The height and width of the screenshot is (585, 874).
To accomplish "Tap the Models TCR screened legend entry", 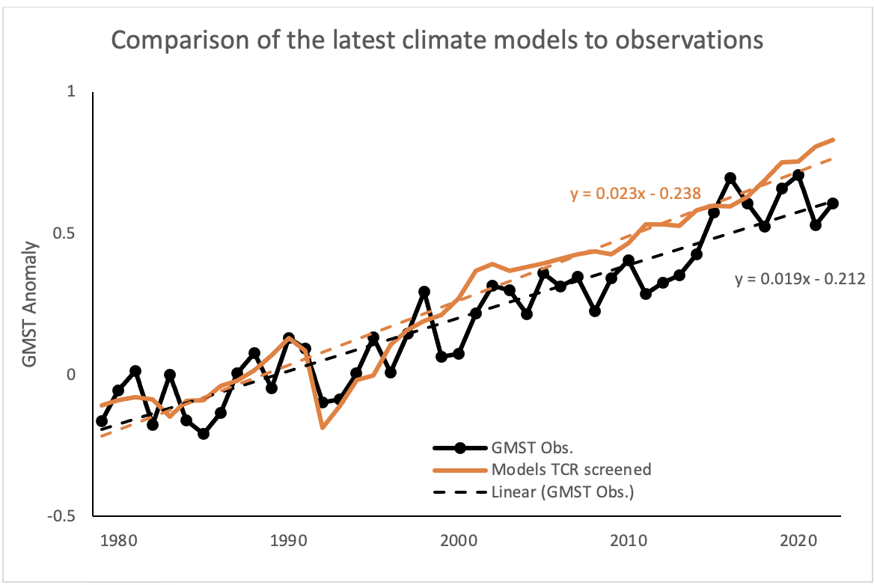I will pyautogui.click(x=571, y=470).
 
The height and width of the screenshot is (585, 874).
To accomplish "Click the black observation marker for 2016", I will pyautogui.click(x=730, y=178).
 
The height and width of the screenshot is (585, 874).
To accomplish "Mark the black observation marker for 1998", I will pyautogui.click(x=424, y=292).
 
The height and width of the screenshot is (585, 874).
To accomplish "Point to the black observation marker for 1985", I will pyautogui.click(x=204, y=434).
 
